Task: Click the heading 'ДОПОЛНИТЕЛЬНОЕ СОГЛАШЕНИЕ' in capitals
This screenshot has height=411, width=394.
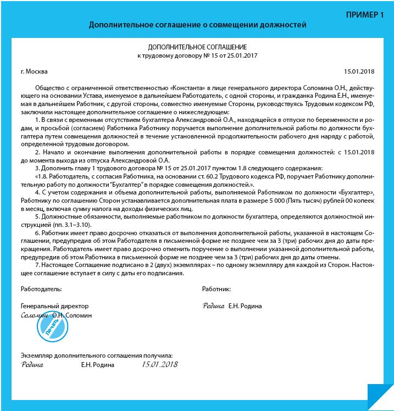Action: pos(197,47)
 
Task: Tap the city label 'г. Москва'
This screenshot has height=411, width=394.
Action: pos(34,71)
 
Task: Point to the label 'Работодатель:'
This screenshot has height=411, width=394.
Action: pos(41,288)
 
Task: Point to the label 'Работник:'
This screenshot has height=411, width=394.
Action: pos(217,288)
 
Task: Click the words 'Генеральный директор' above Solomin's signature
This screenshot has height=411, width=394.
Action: pos(54,306)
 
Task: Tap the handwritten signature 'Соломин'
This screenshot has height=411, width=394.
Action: pos(35,316)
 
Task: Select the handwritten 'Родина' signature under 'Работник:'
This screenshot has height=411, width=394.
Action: pos(213,306)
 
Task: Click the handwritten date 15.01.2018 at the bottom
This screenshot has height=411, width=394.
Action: pos(160,364)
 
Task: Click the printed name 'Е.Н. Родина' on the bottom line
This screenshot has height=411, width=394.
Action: pos(98,365)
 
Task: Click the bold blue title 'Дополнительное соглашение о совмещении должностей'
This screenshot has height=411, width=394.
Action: pos(197,25)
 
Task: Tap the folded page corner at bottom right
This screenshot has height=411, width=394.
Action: pos(379,396)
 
